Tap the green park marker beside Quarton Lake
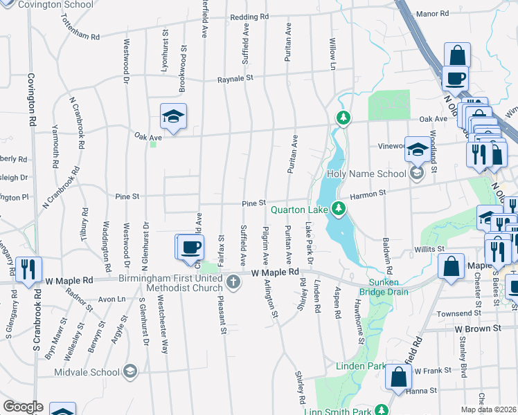339,207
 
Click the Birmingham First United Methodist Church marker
234,281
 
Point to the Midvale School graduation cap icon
129,372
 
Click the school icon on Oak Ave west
173,117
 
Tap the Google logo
23,407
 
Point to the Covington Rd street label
31,99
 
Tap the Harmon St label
368,194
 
